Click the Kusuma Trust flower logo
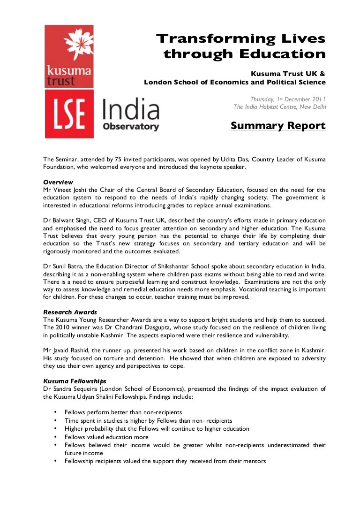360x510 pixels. [69, 45]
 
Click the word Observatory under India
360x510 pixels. [131, 126]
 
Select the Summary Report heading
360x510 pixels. [278, 126]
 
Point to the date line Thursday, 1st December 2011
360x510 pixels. [288, 99]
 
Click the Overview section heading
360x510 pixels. [58, 182]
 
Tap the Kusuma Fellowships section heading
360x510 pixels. [75, 381]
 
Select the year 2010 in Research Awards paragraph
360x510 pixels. [62, 327]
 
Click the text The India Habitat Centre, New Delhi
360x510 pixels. [279, 107]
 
